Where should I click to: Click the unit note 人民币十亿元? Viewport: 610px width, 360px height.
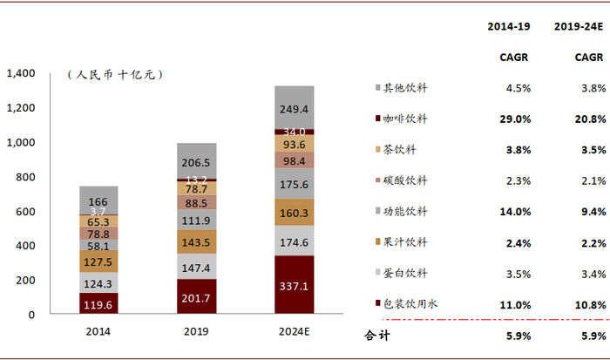[114, 76]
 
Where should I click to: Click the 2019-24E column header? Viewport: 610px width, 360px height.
[579, 27]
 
